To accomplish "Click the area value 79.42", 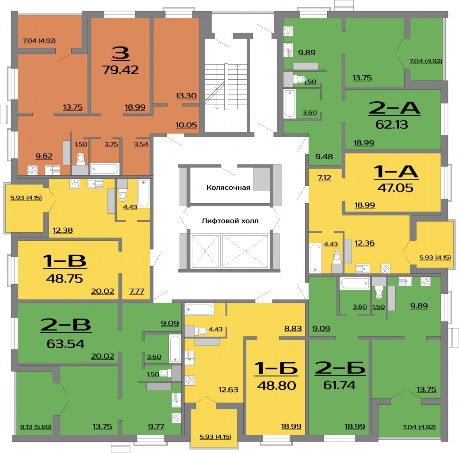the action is (x=120, y=70).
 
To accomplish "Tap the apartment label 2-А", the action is (x=394, y=108).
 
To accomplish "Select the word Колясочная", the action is (x=228, y=188).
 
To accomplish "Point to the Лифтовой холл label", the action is (x=230, y=221).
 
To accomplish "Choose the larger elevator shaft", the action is (x=245, y=251).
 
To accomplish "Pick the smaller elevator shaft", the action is (x=205, y=251).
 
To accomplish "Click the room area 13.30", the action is (x=186, y=96).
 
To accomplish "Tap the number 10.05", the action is (x=186, y=125).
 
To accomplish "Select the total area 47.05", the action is (x=395, y=188).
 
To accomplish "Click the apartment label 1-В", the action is (x=65, y=261).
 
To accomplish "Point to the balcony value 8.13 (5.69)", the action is (x=36, y=426).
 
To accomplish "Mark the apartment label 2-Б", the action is (x=340, y=368).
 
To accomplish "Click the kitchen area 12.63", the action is (x=228, y=390).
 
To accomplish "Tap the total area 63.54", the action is (x=65, y=344).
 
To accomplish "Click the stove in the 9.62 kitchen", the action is (x=32, y=170).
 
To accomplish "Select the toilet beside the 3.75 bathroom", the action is (x=81, y=159).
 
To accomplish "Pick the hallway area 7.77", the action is (x=137, y=292).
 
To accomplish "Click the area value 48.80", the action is (x=276, y=386).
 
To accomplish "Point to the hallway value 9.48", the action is (x=324, y=157).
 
